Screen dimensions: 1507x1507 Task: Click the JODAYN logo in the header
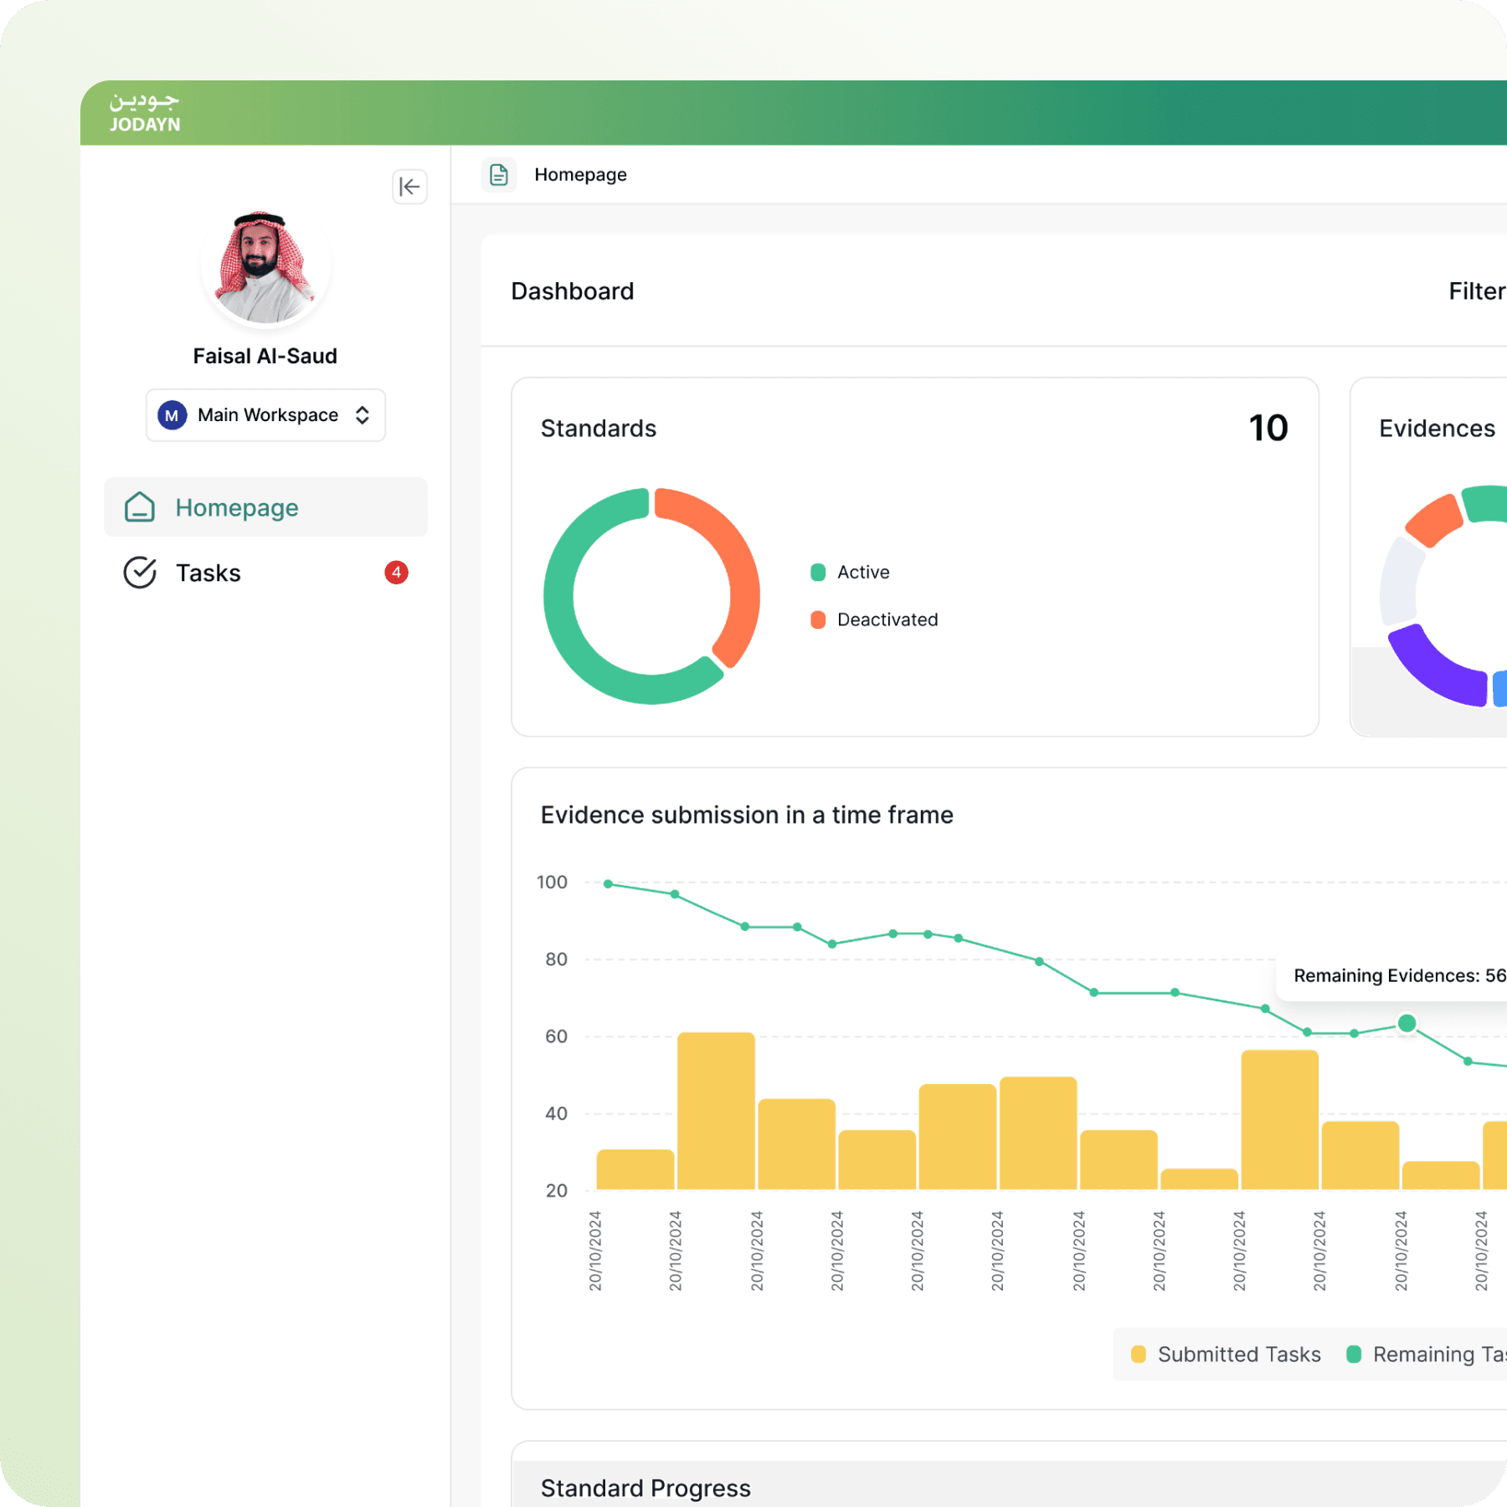pyautogui.click(x=144, y=113)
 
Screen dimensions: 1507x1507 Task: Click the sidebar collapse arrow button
pyautogui.click(x=409, y=186)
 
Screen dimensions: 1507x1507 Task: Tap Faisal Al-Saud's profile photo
pyautogui.click(x=265, y=267)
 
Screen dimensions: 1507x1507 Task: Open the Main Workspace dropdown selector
pyautogui.click(x=265, y=414)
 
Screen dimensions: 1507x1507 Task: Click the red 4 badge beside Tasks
pyautogui.click(x=396, y=573)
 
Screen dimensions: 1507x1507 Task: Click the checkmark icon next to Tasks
pyautogui.click(x=140, y=573)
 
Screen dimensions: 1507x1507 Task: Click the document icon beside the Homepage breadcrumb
pyautogui.click(x=499, y=174)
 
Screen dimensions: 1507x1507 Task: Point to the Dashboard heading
pyautogui.click(x=572, y=291)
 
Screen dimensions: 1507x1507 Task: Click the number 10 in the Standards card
pyautogui.click(x=1268, y=428)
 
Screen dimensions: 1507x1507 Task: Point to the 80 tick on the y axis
pyautogui.click(x=556, y=959)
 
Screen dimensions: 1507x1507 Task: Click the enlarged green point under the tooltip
pyautogui.click(x=1407, y=1023)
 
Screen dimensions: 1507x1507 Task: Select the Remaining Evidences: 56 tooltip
pyautogui.click(x=1398, y=975)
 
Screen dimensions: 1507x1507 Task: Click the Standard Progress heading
pyautogui.click(x=645, y=1488)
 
